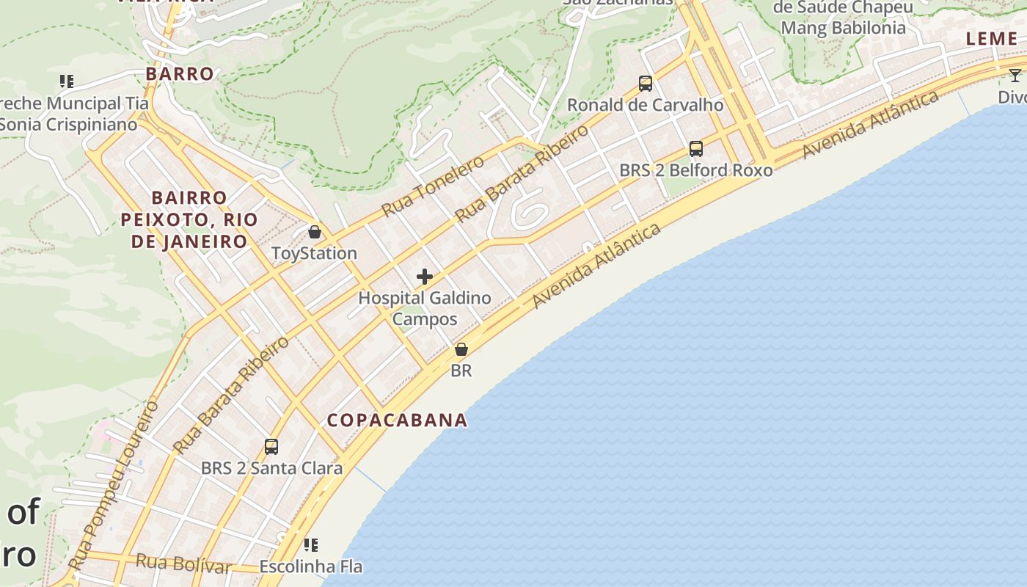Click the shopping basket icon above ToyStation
[x=315, y=233]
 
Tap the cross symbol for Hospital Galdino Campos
[x=425, y=277]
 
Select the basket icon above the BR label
[x=461, y=349]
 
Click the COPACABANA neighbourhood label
[x=397, y=420]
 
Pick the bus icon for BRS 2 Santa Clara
[x=271, y=447]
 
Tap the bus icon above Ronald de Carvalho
[x=646, y=84]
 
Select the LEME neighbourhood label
[x=992, y=39]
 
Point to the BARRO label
[x=180, y=74]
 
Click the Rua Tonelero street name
[x=433, y=186]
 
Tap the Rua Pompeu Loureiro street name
[x=116, y=484]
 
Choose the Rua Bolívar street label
[x=183, y=564]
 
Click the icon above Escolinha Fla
[x=311, y=545]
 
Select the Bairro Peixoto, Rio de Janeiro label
[x=189, y=219]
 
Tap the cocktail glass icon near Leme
[x=1015, y=75]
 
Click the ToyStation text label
[x=314, y=254]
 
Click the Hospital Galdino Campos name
[x=425, y=308]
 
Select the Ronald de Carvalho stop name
[x=646, y=105]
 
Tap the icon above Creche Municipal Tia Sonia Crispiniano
[x=67, y=81]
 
